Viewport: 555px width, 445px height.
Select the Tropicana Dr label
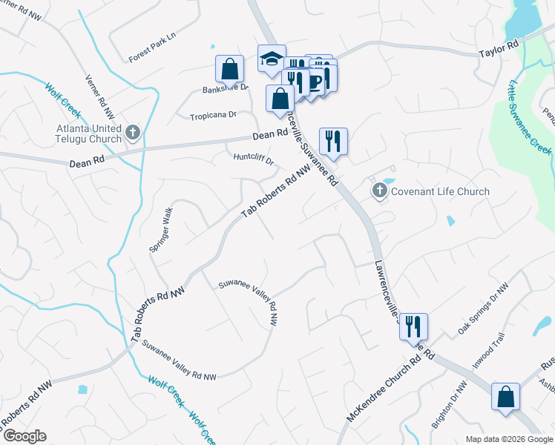point(212,116)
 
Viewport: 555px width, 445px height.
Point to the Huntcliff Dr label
point(254,157)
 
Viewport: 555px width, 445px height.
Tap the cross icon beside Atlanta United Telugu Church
point(133,133)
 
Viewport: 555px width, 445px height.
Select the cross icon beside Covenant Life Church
point(380,191)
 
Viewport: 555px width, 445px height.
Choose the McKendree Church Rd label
point(390,389)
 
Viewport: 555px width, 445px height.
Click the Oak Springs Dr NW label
point(483,308)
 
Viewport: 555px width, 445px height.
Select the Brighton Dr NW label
point(450,404)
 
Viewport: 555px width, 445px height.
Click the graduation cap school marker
point(272,59)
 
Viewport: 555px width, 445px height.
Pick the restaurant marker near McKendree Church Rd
point(413,326)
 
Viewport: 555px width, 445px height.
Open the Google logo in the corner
point(24,436)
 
